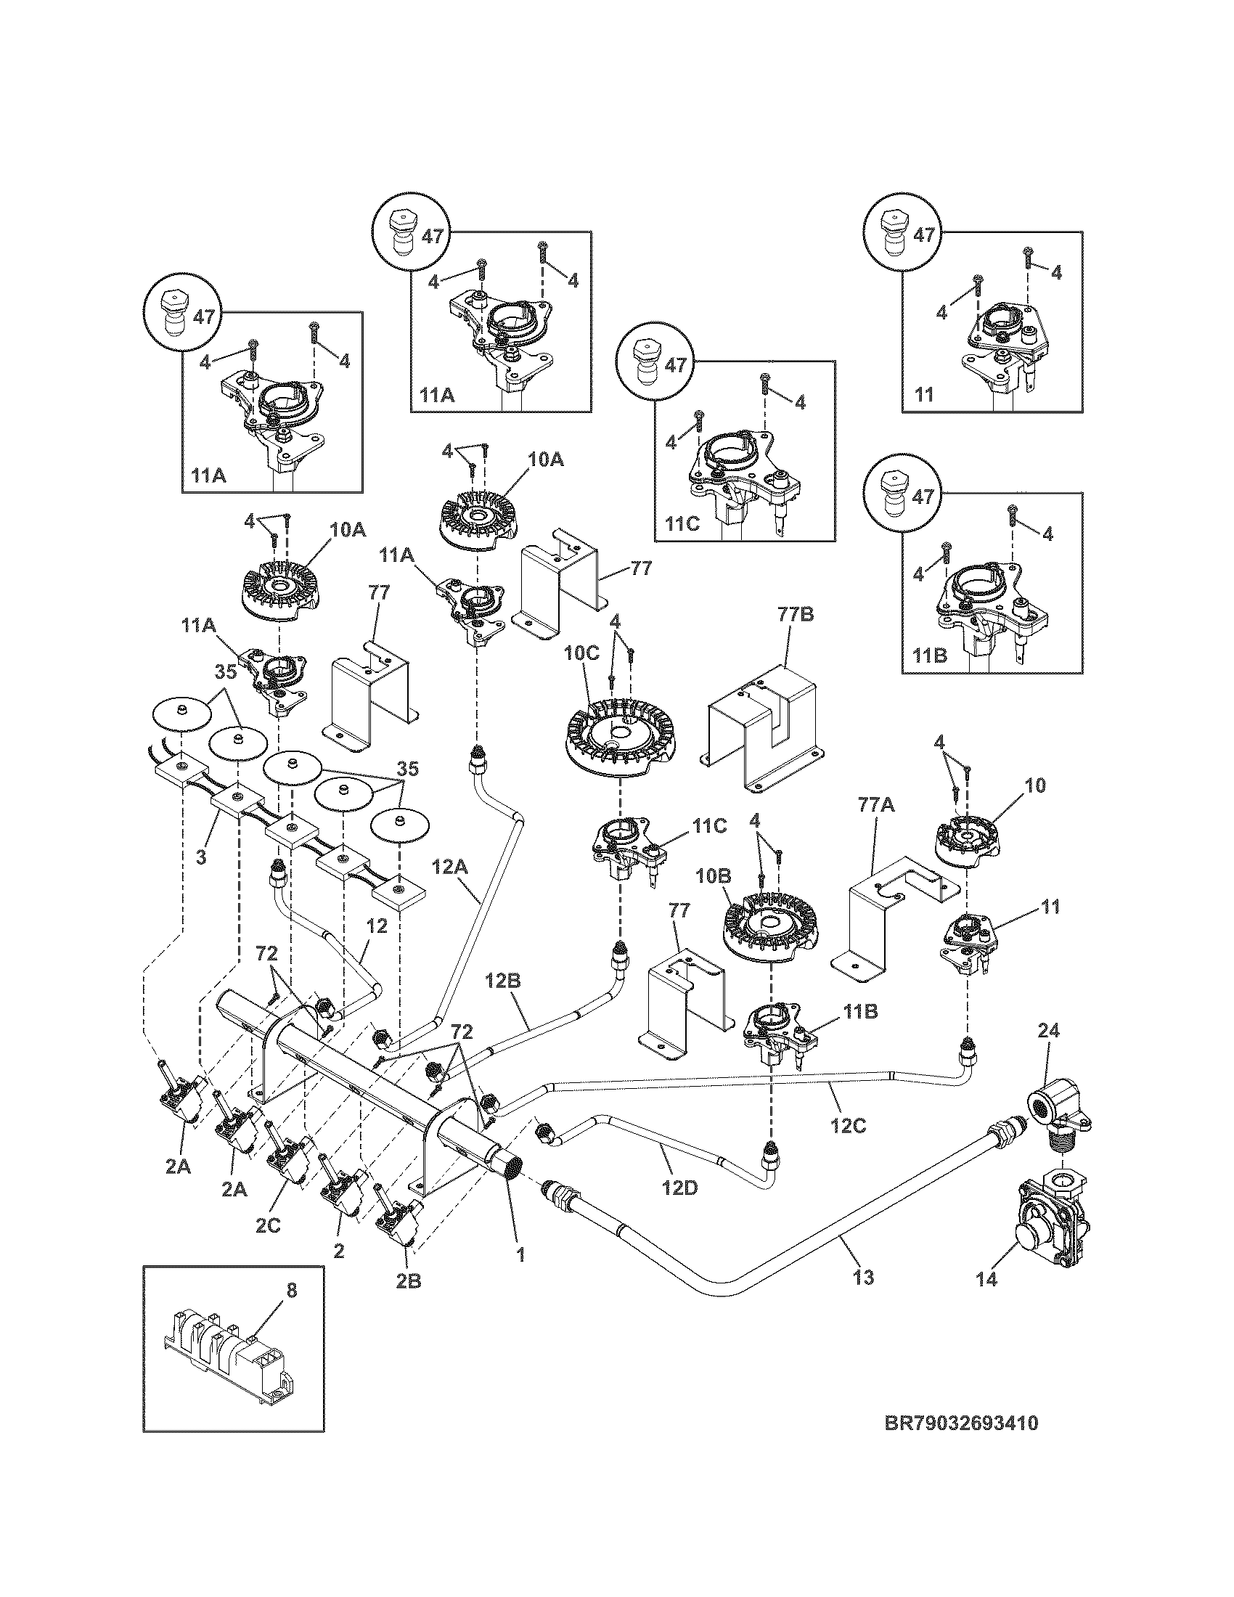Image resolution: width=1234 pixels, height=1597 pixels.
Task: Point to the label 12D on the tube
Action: click(681, 1188)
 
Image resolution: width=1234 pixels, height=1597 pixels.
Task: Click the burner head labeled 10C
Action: click(621, 736)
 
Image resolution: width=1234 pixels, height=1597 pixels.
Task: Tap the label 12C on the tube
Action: click(849, 1125)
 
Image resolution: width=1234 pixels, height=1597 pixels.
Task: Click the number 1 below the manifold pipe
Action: click(520, 1255)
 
